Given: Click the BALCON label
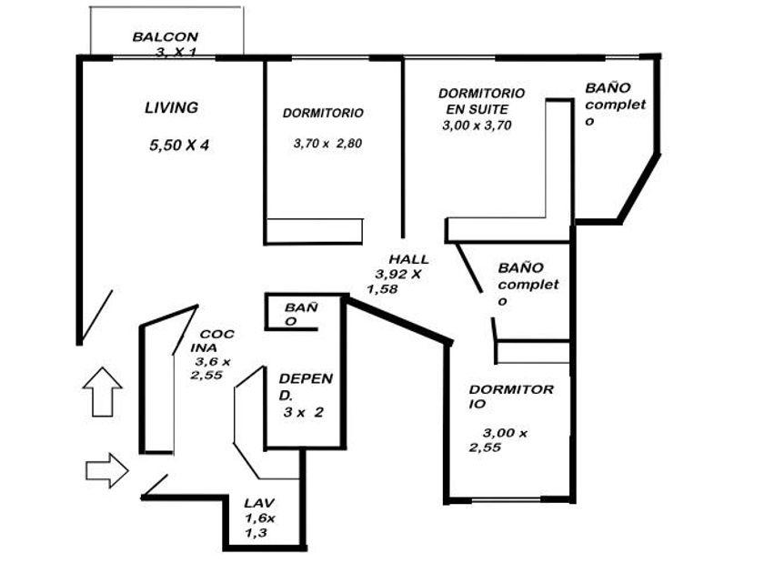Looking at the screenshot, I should [165, 37].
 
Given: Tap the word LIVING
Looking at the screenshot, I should [171, 107].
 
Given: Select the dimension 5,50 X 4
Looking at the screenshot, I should [178, 145].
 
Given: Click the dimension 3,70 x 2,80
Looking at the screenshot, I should [328, 143].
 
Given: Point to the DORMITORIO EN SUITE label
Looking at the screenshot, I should [481, 101].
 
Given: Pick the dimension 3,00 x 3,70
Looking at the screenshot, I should [477, 126].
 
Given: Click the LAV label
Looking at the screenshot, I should [258, 502].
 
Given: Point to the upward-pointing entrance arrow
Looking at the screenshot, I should [102, 391].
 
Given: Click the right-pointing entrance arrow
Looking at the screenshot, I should [106, 470].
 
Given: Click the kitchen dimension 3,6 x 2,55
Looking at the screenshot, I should [211, 367].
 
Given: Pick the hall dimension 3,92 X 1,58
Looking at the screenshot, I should [396, 281].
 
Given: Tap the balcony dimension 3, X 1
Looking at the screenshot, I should [175, 53].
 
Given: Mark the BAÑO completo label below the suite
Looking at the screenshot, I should [527, 285].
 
